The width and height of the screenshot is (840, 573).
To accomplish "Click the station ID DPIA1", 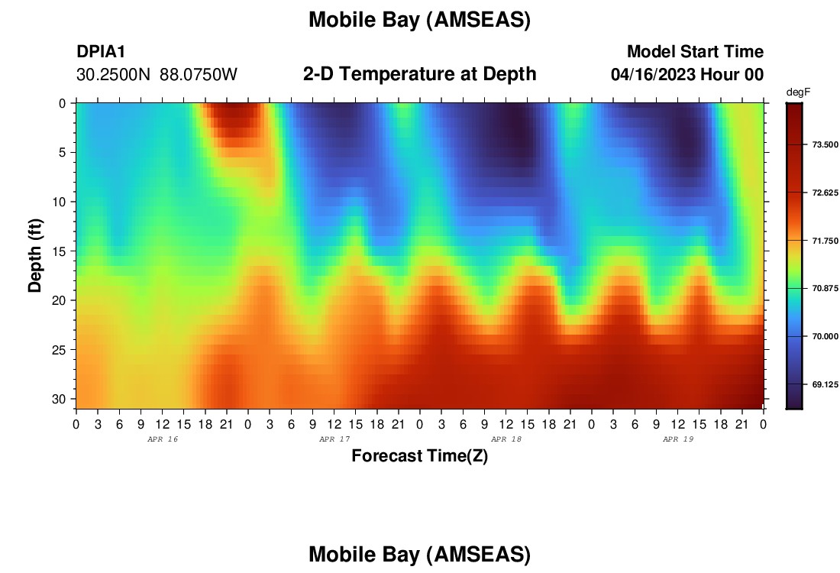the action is pyautogui.click(x=101, y=51).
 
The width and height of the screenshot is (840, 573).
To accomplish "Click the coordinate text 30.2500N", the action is pyautogui.click(x=114, y=74).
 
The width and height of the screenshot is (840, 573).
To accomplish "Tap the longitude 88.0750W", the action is pyautogui.click(x=199, y=74).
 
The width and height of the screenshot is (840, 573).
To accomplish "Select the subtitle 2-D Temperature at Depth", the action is pyautogui.click(x=419, y=74).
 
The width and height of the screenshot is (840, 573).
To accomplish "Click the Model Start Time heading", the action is pyautogui.click(x=695, y=51).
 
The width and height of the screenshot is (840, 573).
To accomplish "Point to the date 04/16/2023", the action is pyautogui.click(x=653, y=74).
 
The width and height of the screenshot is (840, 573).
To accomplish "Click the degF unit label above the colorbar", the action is pyautogui.click(x=798, y=92).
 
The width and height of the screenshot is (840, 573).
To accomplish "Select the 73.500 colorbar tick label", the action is pyautogui.click(x=825, y=144).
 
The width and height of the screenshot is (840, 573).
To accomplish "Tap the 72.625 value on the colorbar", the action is pyautogui.click(x=825, y=193).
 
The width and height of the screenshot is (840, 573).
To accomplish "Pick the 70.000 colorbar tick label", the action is pyautogui.click(x=825, y=337).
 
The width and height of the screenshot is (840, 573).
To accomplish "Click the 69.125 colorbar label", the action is pyautogui.click(x=825, y=384).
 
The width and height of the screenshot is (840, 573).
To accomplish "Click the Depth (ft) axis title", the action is pyautogui.click(x=35, y=256).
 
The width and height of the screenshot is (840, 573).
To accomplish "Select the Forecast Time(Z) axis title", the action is pyautogui.click(x=419, y=455).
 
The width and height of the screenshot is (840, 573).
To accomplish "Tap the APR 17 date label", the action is pyautogui.click(x=334, y=439).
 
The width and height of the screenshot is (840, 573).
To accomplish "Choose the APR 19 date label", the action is pyautogui.click(x=678, y=439).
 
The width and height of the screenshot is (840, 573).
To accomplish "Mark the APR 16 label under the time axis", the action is pyautogui.click(x=163, y=439).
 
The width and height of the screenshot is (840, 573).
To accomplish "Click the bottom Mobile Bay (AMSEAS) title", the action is pyautogui.click(x=419, y=554).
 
